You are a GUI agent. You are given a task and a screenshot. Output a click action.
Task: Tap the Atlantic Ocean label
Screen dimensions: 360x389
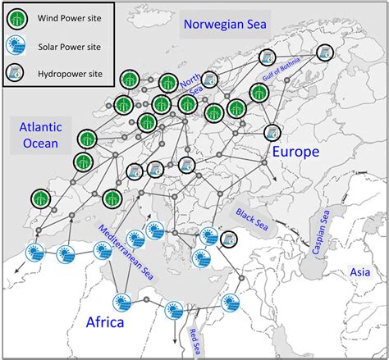tap(38, 135)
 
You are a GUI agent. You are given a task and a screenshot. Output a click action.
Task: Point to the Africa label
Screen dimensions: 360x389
tap(105, 322)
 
